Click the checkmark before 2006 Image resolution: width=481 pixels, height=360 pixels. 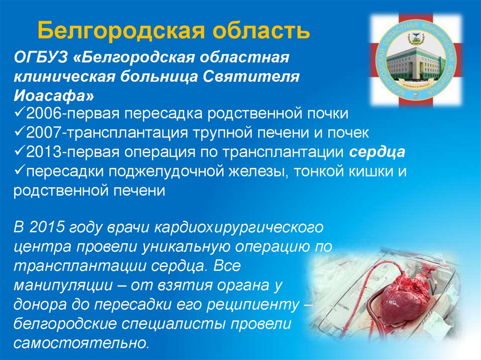coord(20,114)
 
